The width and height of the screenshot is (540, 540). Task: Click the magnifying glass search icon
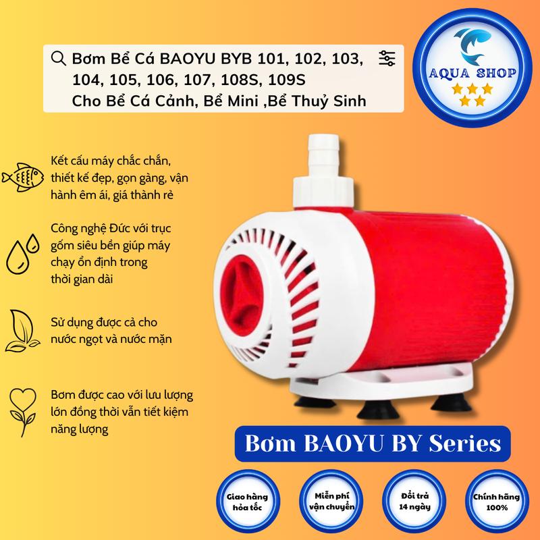59,59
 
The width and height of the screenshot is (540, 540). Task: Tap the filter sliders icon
387,59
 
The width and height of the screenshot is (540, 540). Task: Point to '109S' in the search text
288,81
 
